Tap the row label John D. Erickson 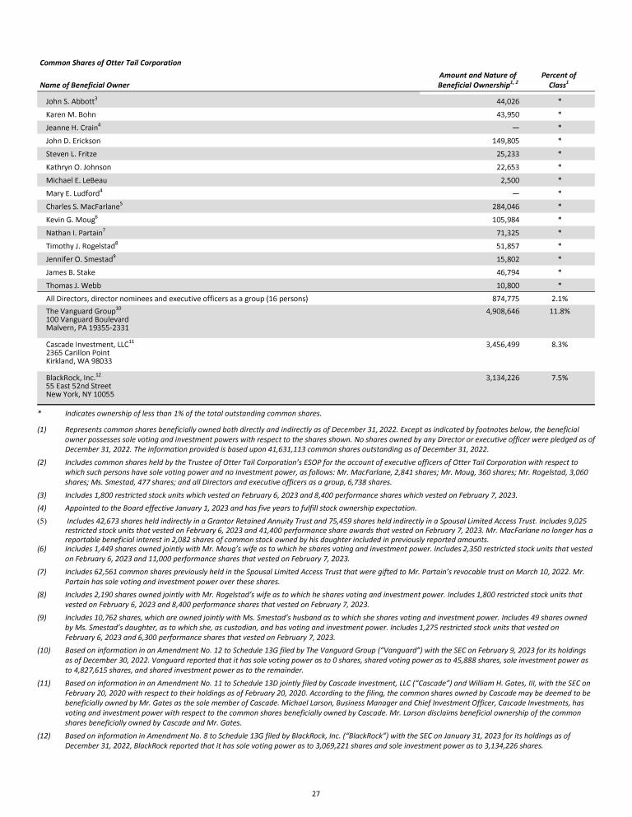click(x=73, y=140)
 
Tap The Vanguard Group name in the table click(x=80, y=312)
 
